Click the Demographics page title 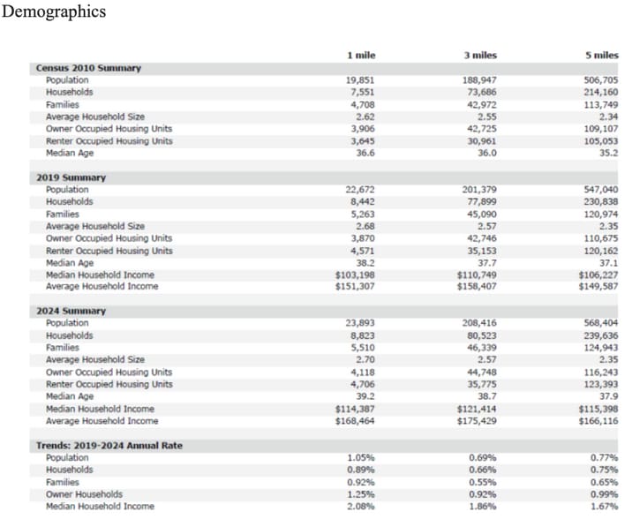(54, 11)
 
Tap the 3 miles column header (480, 55)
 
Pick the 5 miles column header (601, 55)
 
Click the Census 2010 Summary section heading (88, 68)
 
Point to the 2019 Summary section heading (71, 177)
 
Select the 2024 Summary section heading (71, 311)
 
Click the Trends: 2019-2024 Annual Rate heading (109, 445)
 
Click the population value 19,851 (360, 80)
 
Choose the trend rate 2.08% (362, 506)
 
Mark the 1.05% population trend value (362, 457)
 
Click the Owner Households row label (84, 494)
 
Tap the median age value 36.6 (365, 153)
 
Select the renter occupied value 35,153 (481, 251)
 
